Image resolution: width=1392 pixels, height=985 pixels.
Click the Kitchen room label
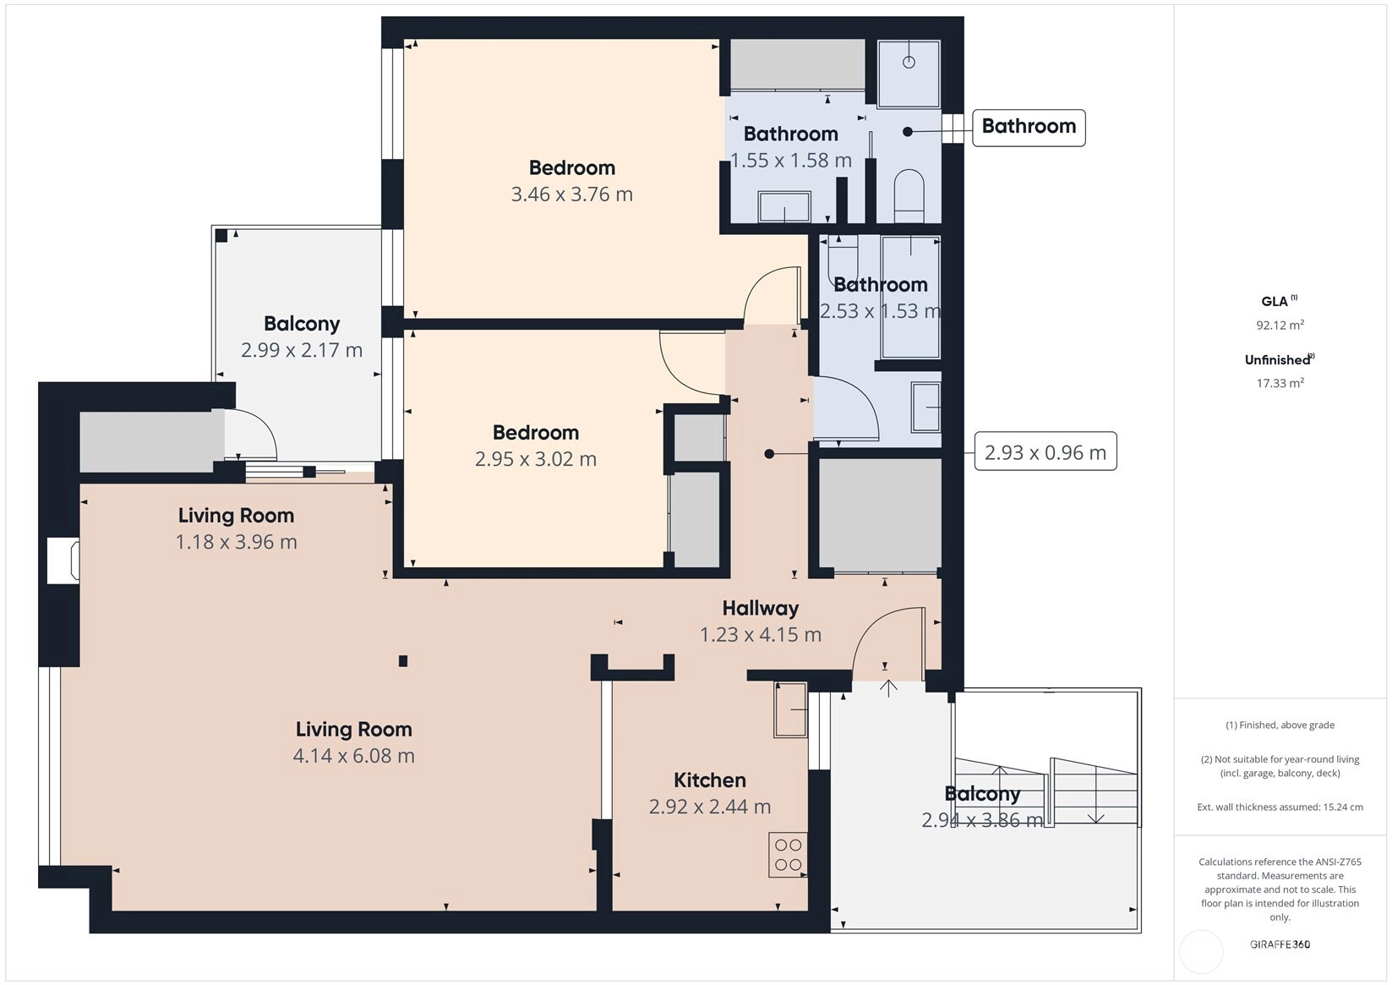coord(710,780)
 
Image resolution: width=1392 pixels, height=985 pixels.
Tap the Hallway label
coord(761,608)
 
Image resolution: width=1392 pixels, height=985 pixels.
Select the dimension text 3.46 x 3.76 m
coord(571,194)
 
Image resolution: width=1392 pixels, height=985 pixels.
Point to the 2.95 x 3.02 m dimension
coord(536,459)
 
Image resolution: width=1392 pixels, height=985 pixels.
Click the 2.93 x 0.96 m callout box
coord(1045,451)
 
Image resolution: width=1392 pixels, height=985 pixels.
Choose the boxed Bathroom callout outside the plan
coord(1029,128)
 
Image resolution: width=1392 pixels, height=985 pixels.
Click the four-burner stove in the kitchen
coord(788,855)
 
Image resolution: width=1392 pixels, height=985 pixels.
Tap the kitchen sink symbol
coord(790,709)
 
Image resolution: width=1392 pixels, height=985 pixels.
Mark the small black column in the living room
coord(403,661)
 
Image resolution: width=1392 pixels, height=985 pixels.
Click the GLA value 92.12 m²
coord(1280,325)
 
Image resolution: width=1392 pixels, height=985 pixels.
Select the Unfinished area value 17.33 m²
coord(1280,383)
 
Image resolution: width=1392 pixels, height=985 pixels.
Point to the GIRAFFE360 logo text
coord(1280,944)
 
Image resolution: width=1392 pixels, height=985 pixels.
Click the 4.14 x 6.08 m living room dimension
coord(353,756)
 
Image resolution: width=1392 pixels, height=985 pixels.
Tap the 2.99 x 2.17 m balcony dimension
coord(302,350)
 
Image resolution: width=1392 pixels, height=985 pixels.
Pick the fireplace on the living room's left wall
coord(63,561)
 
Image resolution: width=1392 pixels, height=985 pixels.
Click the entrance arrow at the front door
coord(888,687)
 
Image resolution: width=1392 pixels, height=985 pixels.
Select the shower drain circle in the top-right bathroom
coord(909,63)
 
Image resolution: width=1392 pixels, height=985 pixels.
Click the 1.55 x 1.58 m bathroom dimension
coord(790,161)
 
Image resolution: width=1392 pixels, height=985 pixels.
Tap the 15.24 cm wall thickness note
coord(1280,807)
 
